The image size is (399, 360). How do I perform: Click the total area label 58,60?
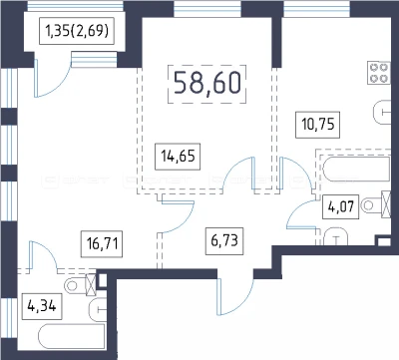click(206, 84)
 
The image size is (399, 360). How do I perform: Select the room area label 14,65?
click(178, 156)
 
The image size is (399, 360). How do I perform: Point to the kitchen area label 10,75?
click(318, 125)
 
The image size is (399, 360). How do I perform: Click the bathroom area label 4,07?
click(341, 206)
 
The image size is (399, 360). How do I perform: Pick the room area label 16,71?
click(102, 244)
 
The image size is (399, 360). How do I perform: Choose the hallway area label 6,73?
click(224, 241)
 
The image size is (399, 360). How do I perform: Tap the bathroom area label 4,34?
click(42, 306)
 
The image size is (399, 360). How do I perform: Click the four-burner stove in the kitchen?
click(379, 73)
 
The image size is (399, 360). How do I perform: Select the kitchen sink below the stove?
click(382, 112)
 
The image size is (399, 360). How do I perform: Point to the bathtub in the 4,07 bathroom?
click(356, 170)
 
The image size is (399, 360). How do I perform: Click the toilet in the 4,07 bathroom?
click(372, 205)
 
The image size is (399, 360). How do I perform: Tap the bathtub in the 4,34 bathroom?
click(72, 336)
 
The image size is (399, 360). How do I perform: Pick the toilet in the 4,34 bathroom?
click(77, 285)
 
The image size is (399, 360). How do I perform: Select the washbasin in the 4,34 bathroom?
click(98, 310)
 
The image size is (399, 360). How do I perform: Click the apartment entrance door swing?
click(234, 297)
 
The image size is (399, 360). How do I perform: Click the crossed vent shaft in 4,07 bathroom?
click(386, 204)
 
